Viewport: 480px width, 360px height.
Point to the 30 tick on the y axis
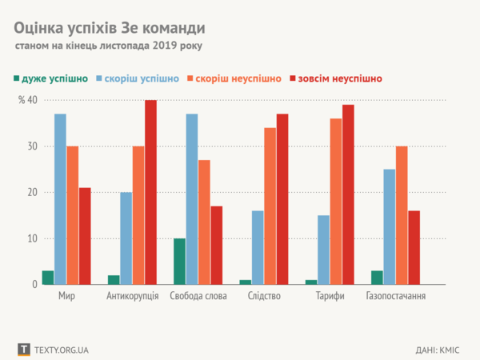32,146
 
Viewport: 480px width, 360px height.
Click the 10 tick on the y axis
32,238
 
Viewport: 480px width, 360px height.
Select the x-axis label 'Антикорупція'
133,297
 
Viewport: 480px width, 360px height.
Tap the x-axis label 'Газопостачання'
395,297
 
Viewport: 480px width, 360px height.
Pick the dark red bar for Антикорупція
150,192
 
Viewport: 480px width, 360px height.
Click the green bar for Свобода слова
179,261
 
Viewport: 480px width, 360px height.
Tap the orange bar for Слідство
270,206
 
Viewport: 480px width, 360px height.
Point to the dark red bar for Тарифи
348,194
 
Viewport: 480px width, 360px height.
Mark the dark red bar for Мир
85,236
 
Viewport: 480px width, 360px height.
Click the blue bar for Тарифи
323,250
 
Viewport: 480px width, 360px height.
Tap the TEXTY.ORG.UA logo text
61,350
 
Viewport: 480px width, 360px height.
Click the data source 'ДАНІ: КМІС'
437,350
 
